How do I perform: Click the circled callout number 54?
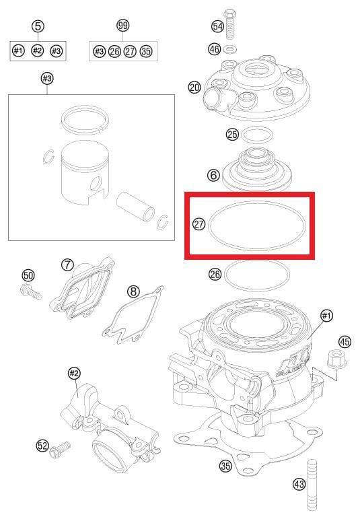(217, 26)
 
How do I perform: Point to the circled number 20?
(194, 88)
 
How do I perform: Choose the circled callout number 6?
(213, 175)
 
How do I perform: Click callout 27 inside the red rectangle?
(199, 225)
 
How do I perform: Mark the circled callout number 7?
(67, 265)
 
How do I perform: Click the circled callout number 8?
(134, 291)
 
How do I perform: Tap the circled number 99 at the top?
(122, 26)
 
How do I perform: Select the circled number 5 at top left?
(38, 26)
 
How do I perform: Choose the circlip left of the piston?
(46, 158)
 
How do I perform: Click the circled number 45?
(345, 342)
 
